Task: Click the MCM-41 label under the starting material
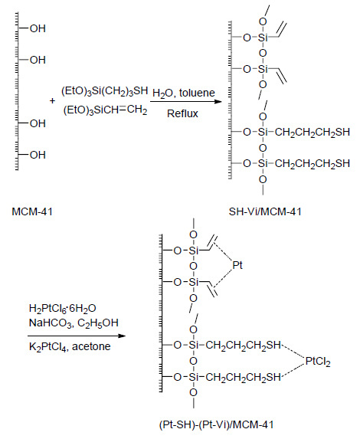[32, 211]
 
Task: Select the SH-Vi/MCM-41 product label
[265, 211]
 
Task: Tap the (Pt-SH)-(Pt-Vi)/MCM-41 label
[216, 424]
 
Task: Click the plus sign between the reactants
[52, 101]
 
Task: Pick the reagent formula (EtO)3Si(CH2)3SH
[104, 91]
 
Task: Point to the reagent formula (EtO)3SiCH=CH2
[105, 110]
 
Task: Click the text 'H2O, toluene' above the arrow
[184, 93]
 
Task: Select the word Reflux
[182, 113]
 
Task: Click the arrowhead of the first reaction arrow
[218, 101]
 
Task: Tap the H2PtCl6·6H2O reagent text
[63, 309]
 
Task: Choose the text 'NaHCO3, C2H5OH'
[74, 323]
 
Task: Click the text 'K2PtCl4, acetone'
[70, 347]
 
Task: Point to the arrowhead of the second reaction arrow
[122, 336]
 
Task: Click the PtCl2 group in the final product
[318, 361]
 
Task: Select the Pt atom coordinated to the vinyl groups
[237, 265]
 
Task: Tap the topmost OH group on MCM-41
[38, 28]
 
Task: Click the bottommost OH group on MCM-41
[38, 155]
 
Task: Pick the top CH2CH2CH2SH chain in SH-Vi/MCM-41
[313, 132]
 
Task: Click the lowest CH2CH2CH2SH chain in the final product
[243, 378]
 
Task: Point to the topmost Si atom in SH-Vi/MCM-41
[263, 38]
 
